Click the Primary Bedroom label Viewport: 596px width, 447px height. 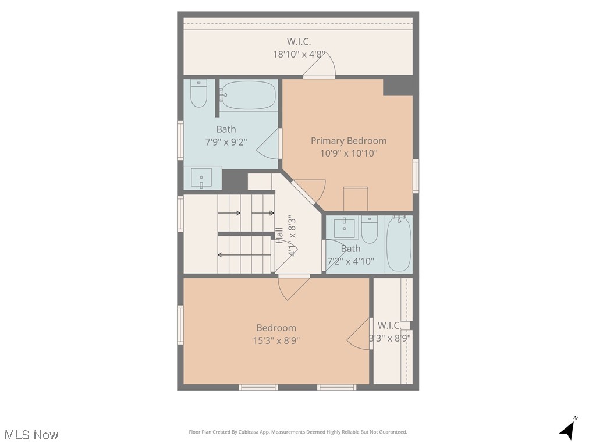click(x=348, y=141)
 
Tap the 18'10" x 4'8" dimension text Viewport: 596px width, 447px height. click(x=299, y=54)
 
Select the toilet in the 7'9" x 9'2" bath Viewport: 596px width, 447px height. click(x=198, y=93)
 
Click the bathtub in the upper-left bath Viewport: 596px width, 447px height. click(x=248, y=95)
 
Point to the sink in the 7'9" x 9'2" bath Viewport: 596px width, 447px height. click(x=202, y=178)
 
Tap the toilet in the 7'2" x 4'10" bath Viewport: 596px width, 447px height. click(x=369, y=229)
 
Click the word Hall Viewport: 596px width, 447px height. click(x=279, y=235)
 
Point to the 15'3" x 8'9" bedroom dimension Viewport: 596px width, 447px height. click(x=276, y=340)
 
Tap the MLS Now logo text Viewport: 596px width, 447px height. click(x=31, y=435)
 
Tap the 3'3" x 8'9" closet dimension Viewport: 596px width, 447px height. click(x=389, y=338)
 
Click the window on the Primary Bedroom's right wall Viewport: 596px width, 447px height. click(x=416, y=176)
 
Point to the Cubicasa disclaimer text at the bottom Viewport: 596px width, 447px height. click(x=298, y=432)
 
